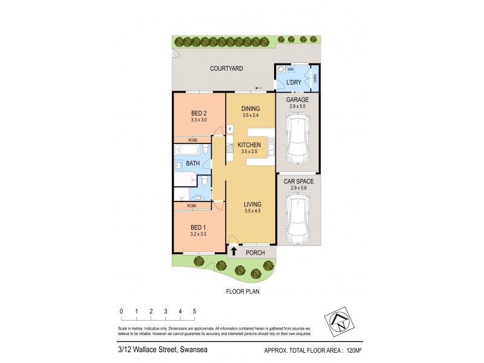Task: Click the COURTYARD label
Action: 226,69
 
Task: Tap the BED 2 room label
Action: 199,113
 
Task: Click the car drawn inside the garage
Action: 298,140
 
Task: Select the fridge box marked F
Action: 229,128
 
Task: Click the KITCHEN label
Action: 249,145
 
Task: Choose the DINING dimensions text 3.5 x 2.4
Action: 250,115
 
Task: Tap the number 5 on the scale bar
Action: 194,312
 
